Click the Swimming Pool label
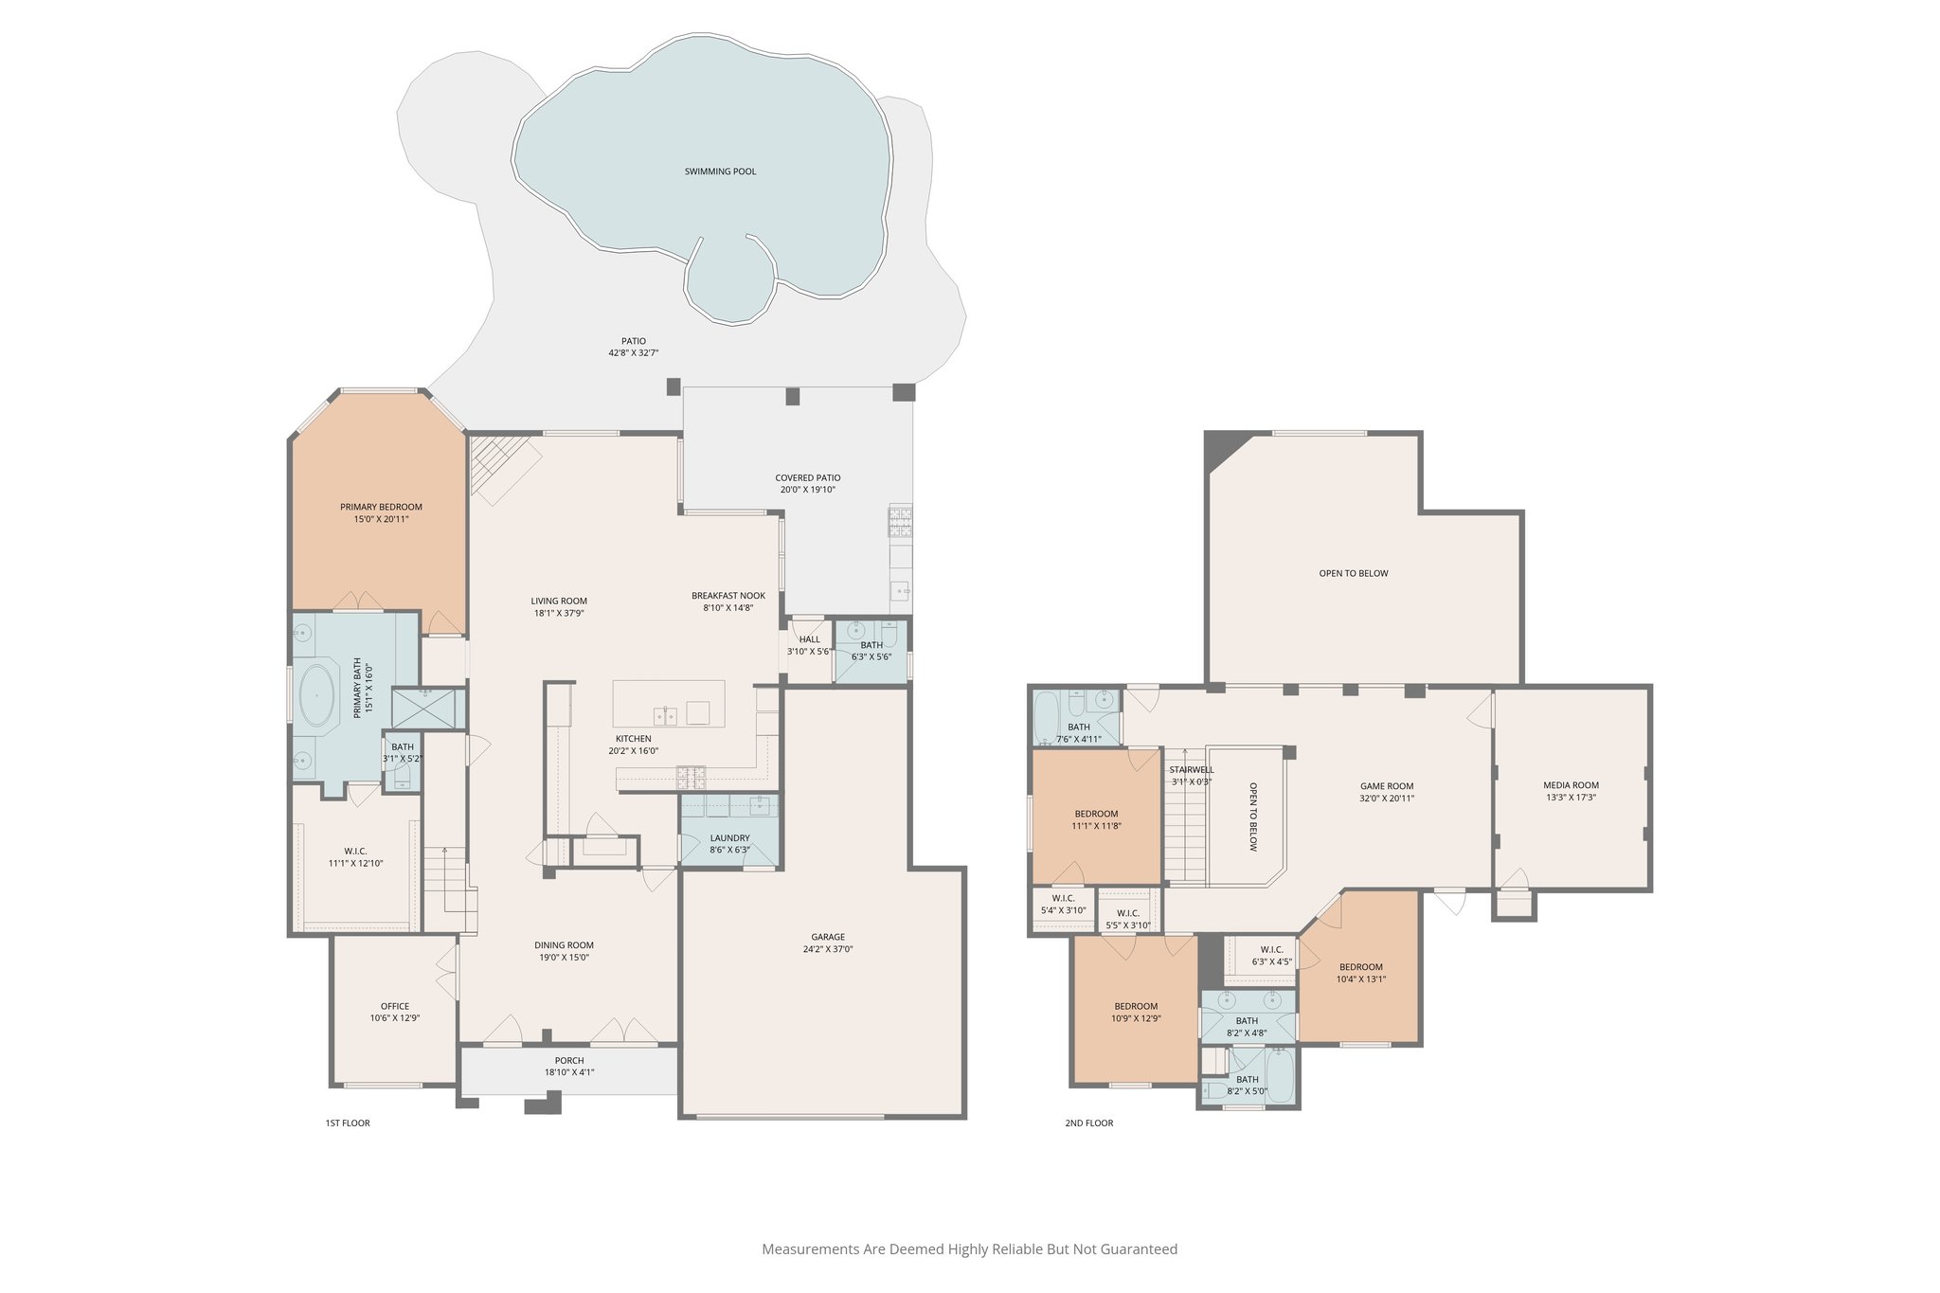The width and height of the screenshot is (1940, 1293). coord(720,171)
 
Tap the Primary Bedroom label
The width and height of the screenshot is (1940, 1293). coord(381,507)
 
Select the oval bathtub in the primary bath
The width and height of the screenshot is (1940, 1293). coord(316,696)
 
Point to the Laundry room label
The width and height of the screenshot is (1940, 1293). coord(729,837)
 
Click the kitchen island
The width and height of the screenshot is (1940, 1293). coord(668,703)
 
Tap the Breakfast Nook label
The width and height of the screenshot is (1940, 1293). coord(727,596)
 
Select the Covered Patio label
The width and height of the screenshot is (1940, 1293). coord(807,477)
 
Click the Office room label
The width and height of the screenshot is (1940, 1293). coord(395,1006)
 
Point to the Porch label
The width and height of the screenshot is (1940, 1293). coord(569,1060)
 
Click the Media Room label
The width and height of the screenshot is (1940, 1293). coord(1571,784)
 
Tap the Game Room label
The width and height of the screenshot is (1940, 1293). coord(1387,785)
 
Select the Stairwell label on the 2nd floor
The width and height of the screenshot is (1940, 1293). coord(1191,769)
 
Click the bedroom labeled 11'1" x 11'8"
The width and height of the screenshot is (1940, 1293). coord(1096,814)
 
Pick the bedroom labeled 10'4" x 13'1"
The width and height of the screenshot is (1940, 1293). coord(1360,967)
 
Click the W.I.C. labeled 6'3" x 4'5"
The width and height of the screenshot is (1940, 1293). coord(1271,949)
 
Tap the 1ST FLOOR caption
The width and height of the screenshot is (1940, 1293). coord(348,1123)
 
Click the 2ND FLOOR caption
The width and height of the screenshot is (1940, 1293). coord(1089,1123)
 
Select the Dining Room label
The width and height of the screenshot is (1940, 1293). coord(564,944)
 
